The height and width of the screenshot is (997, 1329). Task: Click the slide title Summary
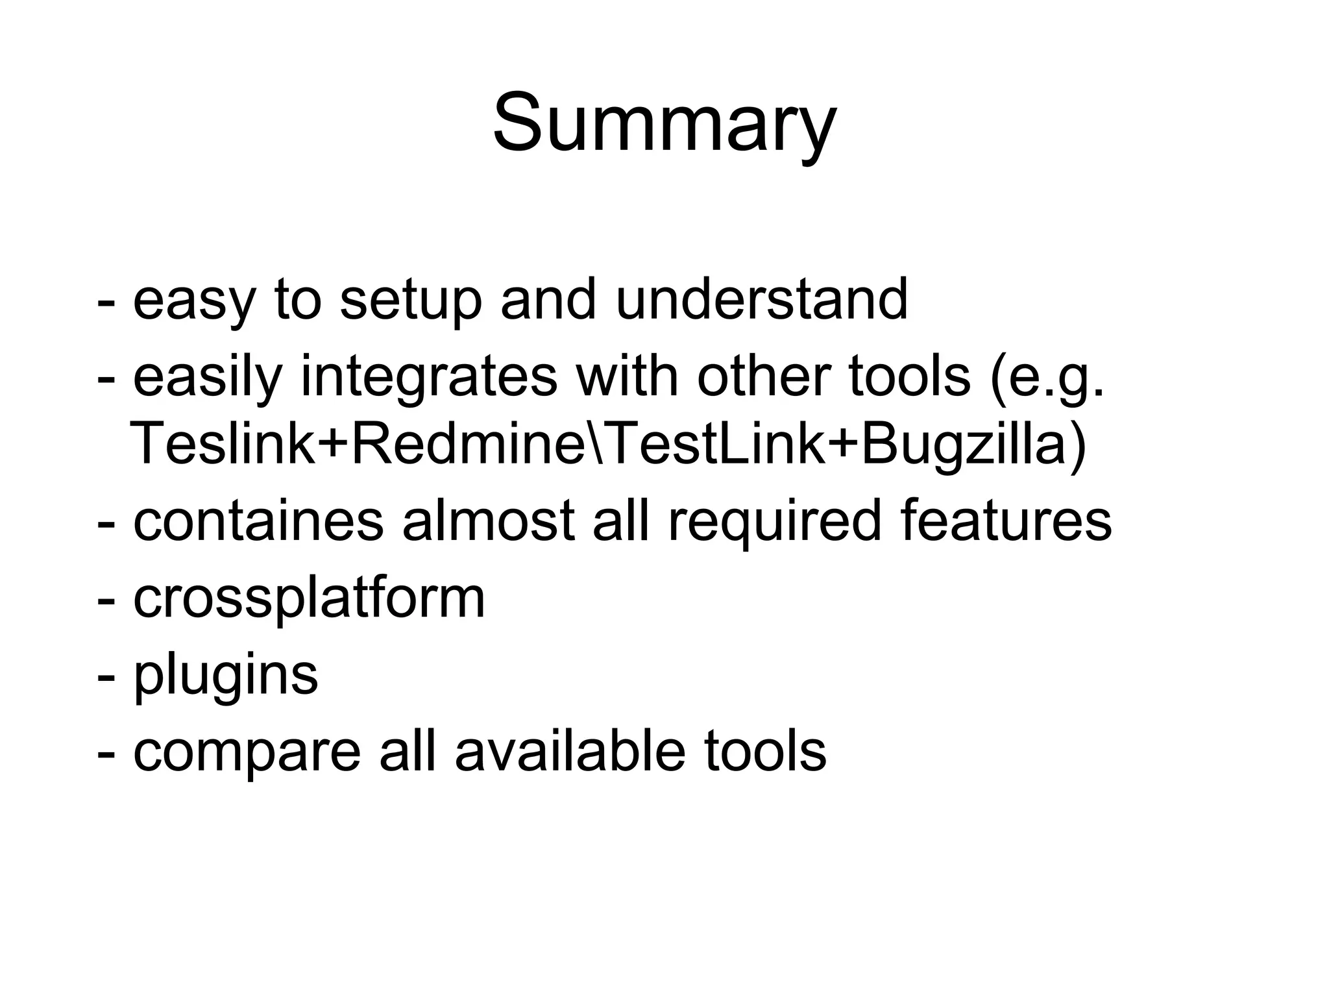tap(664, 123)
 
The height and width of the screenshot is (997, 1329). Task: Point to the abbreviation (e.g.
tap(1047, 378)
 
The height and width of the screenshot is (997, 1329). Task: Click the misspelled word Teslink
tap(221, 444)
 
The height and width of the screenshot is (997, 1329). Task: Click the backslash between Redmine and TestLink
tap(595, 444)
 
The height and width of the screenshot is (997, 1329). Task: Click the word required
tap(774, 522)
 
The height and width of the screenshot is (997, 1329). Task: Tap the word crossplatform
tap(309, 598)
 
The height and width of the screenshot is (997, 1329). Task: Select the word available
tap(570, 752)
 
